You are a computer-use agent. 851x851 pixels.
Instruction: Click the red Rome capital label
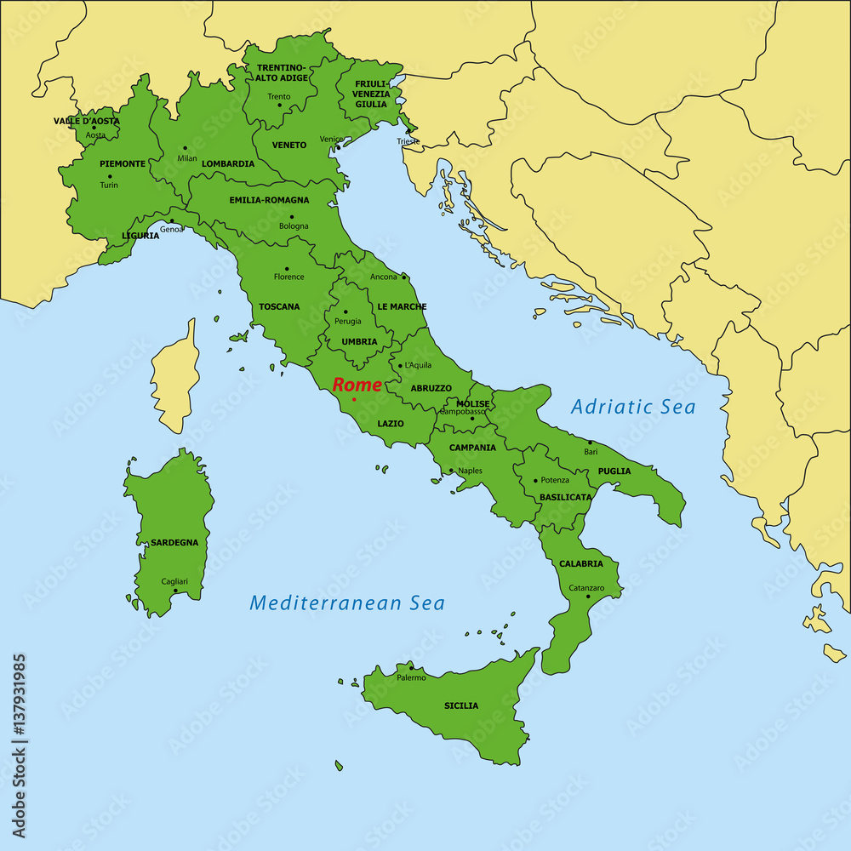click(x=357, y=385)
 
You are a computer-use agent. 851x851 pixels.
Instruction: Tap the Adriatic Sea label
click(x=633, y=407)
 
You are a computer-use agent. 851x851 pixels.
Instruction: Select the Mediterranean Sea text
click(x=347, y=603)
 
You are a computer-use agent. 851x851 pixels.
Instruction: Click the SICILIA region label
click(x=461, y=705)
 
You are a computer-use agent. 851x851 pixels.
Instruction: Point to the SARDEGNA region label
click(x=174, y=542)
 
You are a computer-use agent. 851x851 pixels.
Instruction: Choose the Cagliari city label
click(x=174, y=581)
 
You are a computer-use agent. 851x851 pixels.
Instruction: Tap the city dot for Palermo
click(x=409, y=668)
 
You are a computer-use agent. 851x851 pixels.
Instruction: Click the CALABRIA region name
click(x=581, y=563)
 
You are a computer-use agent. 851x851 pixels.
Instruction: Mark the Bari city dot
click(x=590, y=443)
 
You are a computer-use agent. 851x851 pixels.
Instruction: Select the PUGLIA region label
click(x=614, y=471)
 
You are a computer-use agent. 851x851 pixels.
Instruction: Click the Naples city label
click(x=470, y=471)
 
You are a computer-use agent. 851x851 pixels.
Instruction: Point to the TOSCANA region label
click(x=279, y=306)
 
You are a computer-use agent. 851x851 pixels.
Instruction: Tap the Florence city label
click(x=288, y=277)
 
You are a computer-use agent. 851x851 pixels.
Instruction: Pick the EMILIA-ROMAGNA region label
click(x=269, y=200)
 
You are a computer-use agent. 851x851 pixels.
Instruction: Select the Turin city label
click(x=109, y=185)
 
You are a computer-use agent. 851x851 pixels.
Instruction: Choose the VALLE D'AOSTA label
click(x=87, y=121)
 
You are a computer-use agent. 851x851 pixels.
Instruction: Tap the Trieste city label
click(x=408, y=141)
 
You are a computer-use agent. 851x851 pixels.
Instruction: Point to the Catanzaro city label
click(x=586, y=587)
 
